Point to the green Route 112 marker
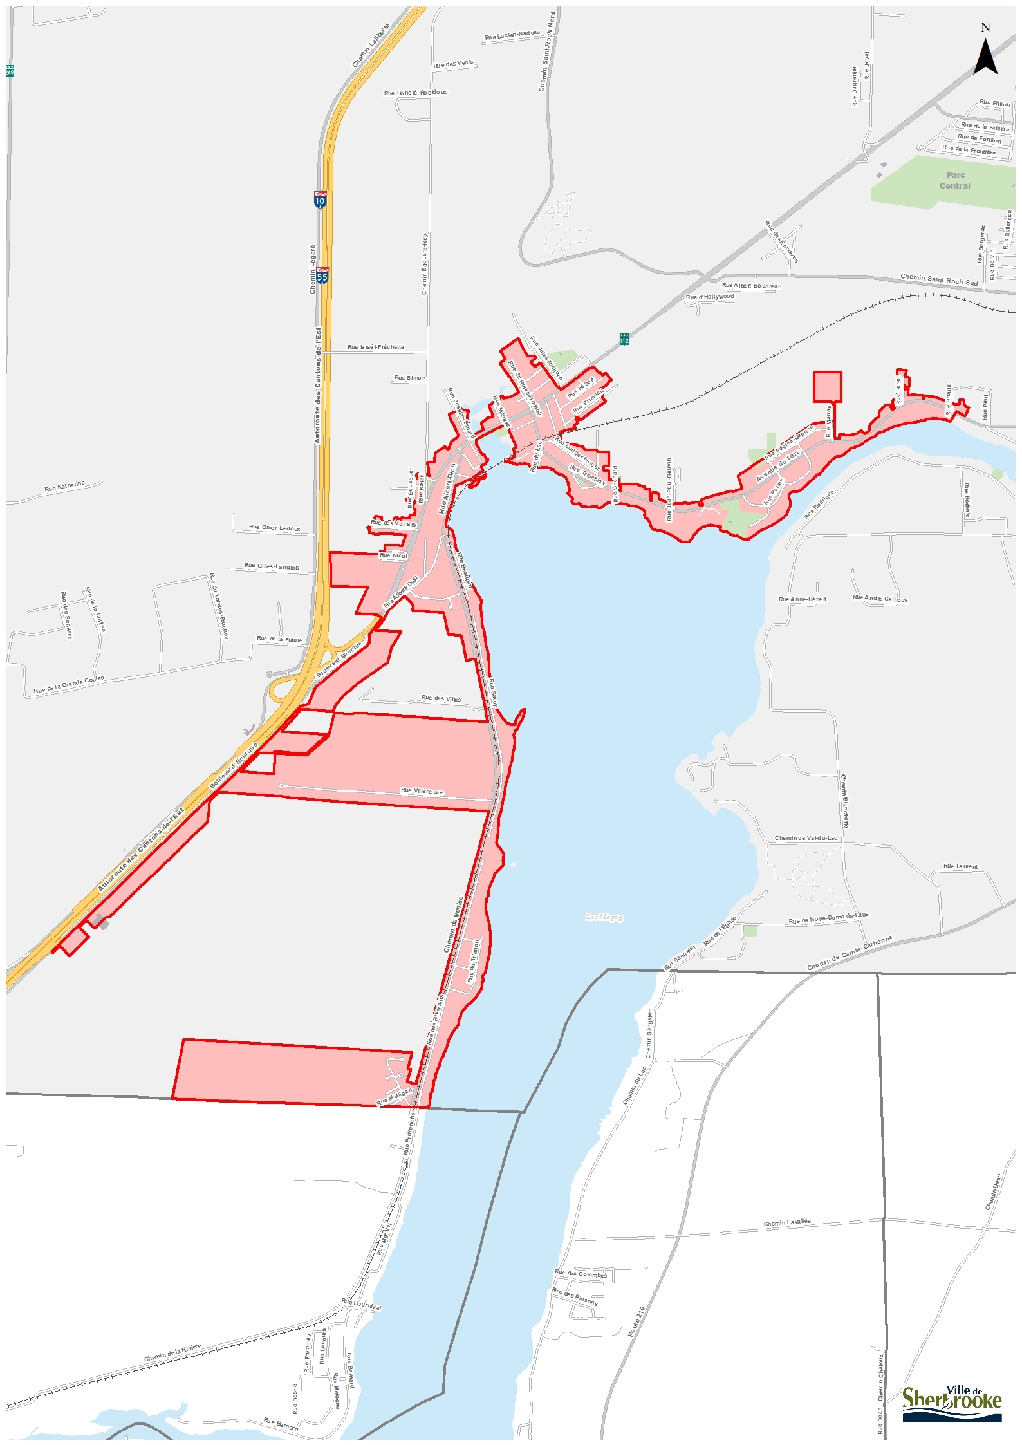[624, 339]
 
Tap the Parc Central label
[955, 180]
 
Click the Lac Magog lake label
[604, 917]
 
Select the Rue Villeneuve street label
[422, 790]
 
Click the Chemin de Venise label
[453, 924]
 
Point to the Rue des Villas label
[441, 698]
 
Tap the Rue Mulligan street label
[394, 1097]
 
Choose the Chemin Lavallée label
[787, 1222]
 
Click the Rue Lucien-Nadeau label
[512, 35]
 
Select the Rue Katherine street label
[64, 487]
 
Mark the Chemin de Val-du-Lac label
[806, 838]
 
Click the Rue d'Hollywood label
[709, 297]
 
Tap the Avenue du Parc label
[777, 466]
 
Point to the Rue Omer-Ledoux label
[275, 528]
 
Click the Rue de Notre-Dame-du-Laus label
[828, 918]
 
